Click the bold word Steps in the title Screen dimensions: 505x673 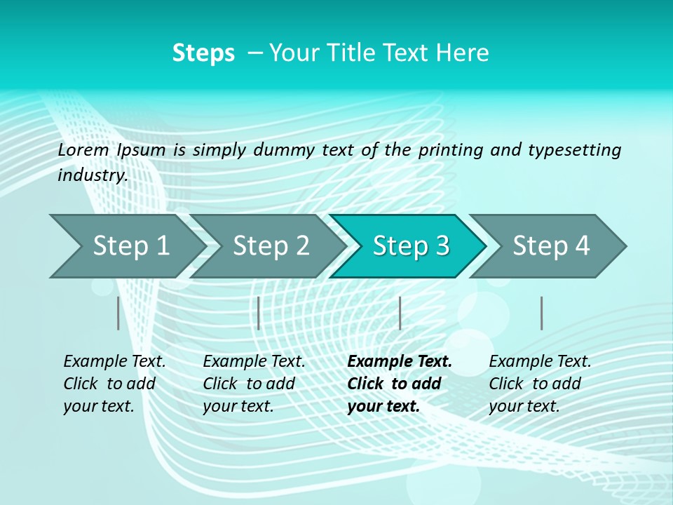[203, 53]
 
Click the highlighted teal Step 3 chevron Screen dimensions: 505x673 [411, 246]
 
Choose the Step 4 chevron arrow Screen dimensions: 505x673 [551, 246]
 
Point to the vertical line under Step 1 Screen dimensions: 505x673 [118, 313]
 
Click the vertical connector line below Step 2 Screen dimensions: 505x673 [259, 313]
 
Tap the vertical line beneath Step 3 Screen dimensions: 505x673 [400, 313]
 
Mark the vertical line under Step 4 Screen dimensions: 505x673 [541, 313]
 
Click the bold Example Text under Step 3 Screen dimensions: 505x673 [400, 362]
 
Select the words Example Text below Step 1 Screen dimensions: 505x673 [114, 362]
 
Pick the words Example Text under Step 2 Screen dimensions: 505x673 [254, 362]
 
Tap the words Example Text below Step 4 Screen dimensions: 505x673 [540, 362]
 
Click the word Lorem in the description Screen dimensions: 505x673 [83, 149]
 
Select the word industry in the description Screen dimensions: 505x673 [92, 175]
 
